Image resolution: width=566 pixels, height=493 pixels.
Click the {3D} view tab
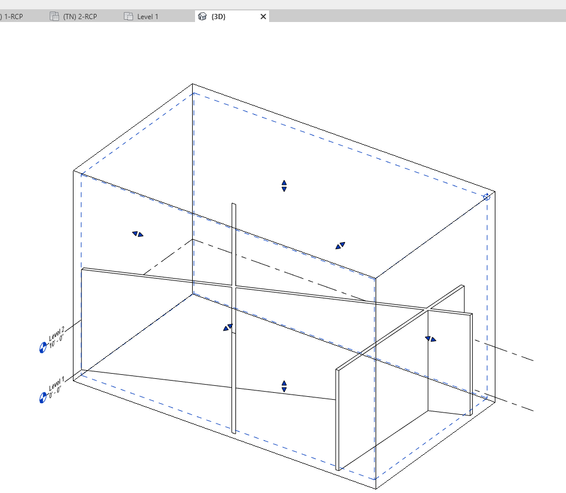[x=219, y=17]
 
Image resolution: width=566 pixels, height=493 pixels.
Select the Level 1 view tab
[x=148, y=17]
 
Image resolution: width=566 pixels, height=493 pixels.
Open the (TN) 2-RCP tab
[x=80, y=17]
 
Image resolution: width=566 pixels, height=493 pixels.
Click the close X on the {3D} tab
[x=263, y=17]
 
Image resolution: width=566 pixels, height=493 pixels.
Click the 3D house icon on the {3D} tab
[x=202, y=17]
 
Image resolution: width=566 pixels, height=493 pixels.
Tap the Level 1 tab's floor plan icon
[x=128, y=17]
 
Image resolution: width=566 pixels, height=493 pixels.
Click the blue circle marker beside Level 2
[x=42, y=348]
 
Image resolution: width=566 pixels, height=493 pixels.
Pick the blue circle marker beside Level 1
[x=42, y=398]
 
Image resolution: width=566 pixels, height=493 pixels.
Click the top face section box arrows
[x=284, y=186]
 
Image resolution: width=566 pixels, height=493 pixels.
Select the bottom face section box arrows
[x=284, y=386]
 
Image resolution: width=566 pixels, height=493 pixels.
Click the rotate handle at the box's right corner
[x=487, y=197]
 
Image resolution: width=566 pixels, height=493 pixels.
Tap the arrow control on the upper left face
[x=138, y=234]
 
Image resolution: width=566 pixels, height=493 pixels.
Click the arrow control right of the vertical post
[x=340, y=246]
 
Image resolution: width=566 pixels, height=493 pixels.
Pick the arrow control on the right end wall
[x=431, y=339]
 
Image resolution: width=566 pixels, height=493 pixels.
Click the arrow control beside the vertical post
[x=228, y=328]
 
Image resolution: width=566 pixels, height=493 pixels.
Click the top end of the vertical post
[x=234, y=206]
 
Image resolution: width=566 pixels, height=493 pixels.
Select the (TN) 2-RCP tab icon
[x=54, y=17]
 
